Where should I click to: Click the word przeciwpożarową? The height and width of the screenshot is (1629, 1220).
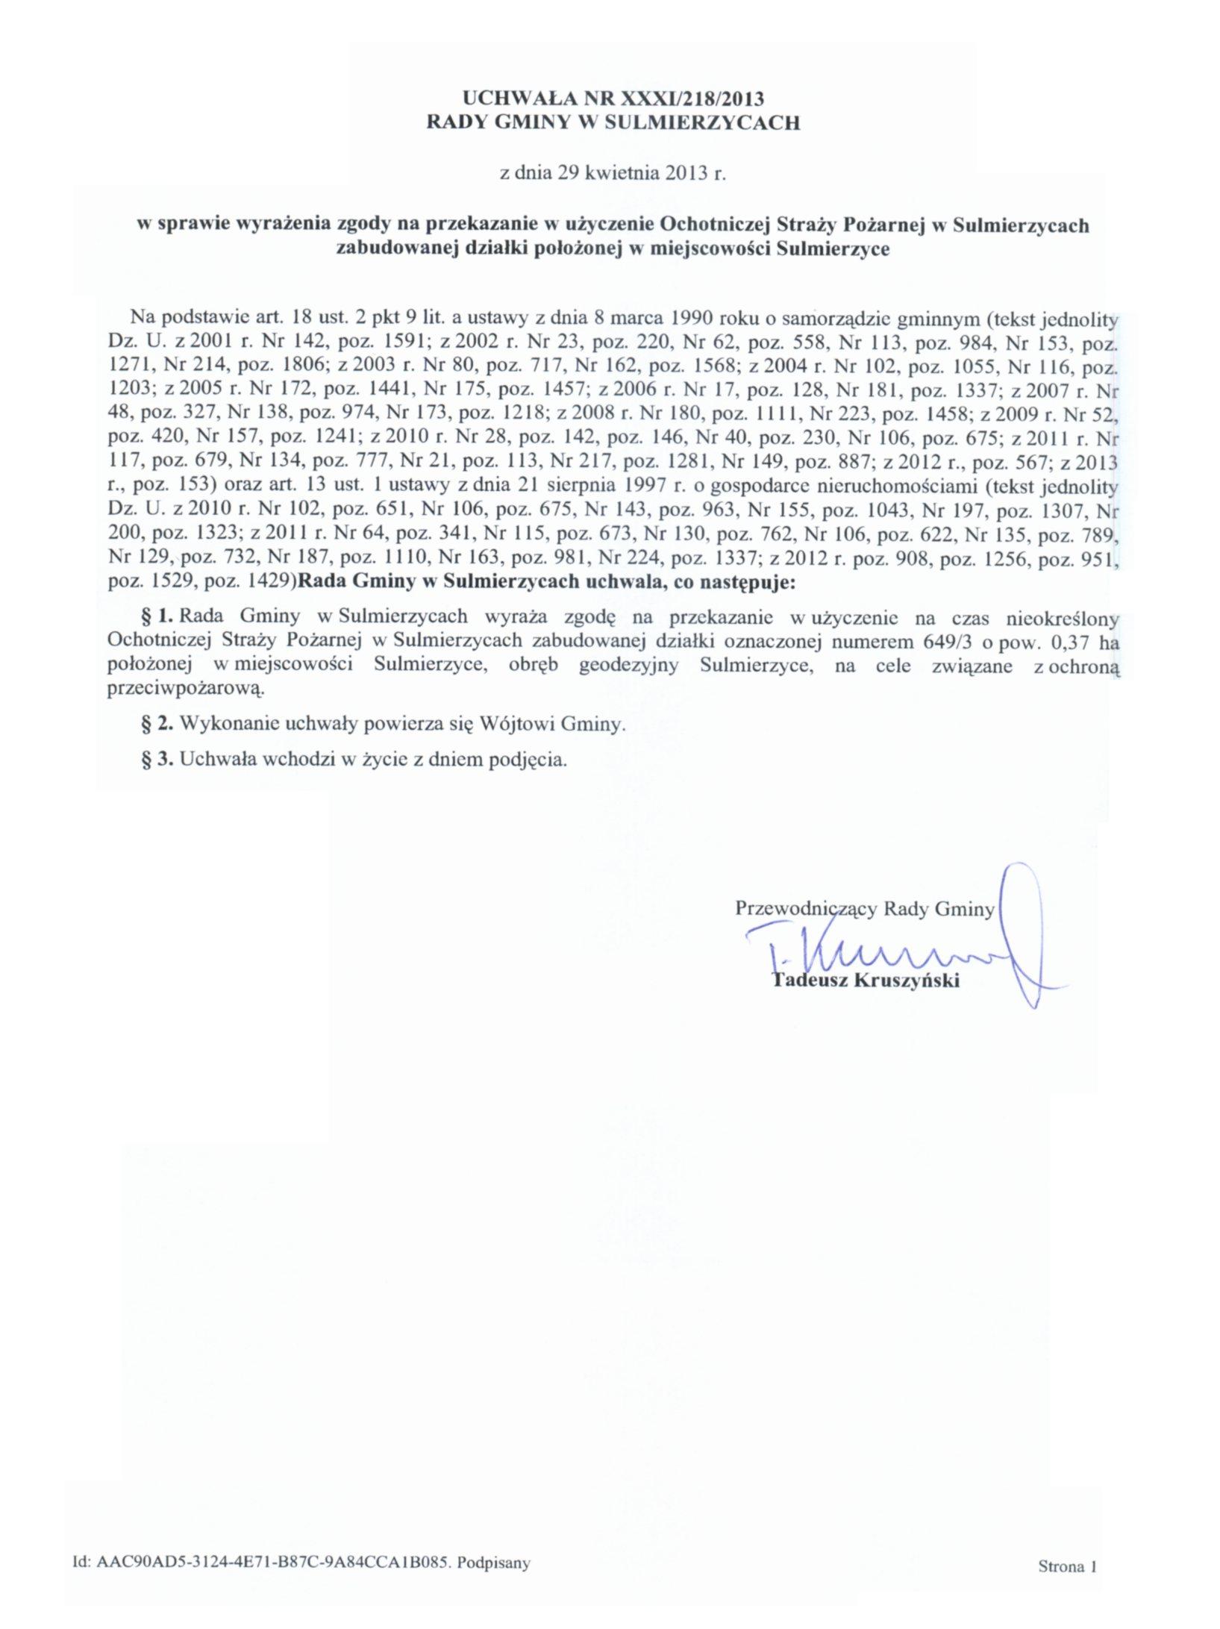tap(187, 690)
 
